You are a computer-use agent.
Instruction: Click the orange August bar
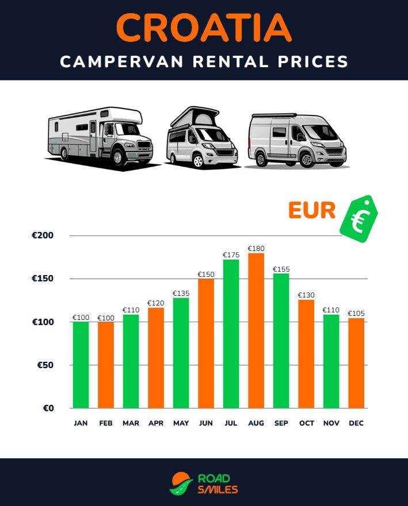(256, 330)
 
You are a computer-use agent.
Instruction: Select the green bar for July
(231, 334)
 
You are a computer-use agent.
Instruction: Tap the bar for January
(81, 365)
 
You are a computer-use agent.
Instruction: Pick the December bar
(356, 363)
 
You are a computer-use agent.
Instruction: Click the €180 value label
(256, 249)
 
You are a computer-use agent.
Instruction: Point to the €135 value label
(181, 293)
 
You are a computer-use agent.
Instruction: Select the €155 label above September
(281, 269)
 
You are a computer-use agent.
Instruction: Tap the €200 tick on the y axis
(43, 235)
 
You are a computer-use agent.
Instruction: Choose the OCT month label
(307, 423)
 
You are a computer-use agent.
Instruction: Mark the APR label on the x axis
(156, 423)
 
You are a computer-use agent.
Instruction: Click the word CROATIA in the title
(204, 26)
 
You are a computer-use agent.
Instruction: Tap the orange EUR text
(311, 211)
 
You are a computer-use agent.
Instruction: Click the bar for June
(206, 343)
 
